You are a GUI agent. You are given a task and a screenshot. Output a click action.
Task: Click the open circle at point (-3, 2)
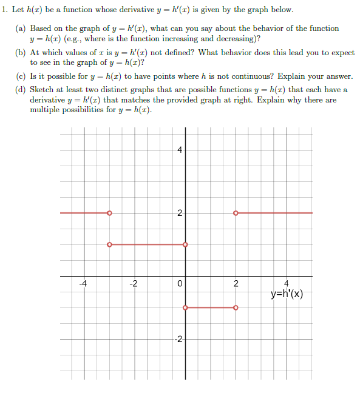tap(109, 213)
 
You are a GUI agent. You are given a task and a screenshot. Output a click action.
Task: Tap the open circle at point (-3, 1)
tap(109, 244)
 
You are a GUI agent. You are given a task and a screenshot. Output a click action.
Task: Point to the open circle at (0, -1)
tap(185, 307)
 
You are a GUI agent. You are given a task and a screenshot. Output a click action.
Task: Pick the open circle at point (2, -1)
tap(236, 307)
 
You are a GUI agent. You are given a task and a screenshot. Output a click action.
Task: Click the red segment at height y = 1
tap(147, 244)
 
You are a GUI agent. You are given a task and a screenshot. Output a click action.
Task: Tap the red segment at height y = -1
tap(210, 307)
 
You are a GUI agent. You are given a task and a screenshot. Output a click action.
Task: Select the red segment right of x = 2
tap(274, 213)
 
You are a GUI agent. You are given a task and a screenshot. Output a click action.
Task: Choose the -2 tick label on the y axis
tap(178, 339)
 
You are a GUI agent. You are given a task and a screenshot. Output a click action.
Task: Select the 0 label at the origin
tap(180, 283)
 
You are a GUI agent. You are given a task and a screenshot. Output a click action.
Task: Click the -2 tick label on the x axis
tap(134, 283)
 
